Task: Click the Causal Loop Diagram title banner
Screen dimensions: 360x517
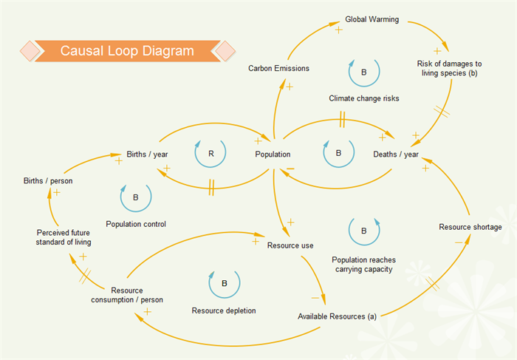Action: pyautogui.click(x=127, y=51)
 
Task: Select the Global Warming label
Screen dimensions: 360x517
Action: pyautogui.click(x=372, y=20)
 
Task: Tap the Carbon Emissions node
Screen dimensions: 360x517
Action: pyautogui.click(x=278, y=69)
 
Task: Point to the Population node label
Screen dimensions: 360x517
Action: pyautogui.click(x=273, y=154)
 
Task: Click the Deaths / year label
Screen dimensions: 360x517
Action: pyautogui.click(x=396, y=154)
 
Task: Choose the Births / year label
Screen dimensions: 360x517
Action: pyautogui.click(x=148, y=154)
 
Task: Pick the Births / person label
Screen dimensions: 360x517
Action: pyautogui.click(x=48, y=181)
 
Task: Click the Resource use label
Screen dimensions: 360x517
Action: pyautogui.click(x=291, y=245)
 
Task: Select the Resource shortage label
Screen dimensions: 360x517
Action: pyautogui.click(x=470, y=227)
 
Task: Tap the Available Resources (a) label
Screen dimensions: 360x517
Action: pyautogui.click(x=337, y=316)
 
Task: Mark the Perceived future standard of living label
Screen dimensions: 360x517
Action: pyautogui.click(x=64, y=237)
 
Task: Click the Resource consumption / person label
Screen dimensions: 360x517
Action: pyautogui.click(x=127, y=295)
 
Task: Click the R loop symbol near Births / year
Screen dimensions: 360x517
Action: pyautogui.click(x=211, y=154)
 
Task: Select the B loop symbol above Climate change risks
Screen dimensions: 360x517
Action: pyautogui.click(x=363, y=72)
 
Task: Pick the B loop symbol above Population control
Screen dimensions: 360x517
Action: pyautogui.click(x=136, y=197)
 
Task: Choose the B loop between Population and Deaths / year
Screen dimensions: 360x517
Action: pyautogui.click(x=338, y=154)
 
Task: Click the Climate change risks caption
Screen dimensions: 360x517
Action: pyautogui.click(x=364, y=98)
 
